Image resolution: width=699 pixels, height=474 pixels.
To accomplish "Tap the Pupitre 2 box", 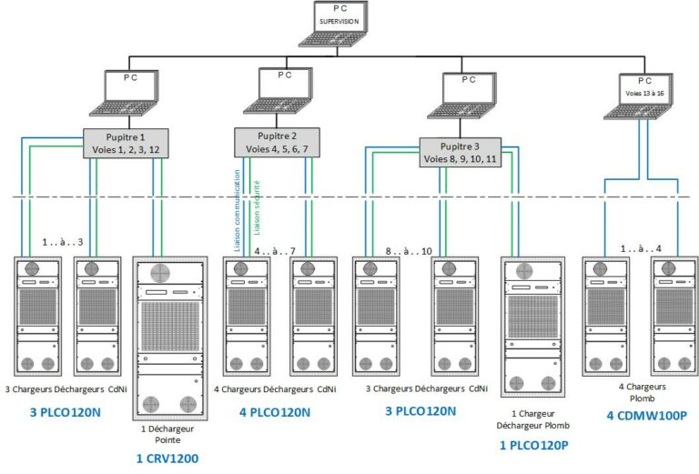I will point(278,142).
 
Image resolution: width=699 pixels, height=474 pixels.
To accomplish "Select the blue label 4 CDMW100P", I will point(647,416).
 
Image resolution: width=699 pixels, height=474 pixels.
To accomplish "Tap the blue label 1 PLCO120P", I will point(535,445).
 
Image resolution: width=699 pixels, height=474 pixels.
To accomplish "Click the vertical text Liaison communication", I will point(238,208).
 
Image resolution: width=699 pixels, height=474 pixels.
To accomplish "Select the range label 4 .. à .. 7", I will point(274,251).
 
